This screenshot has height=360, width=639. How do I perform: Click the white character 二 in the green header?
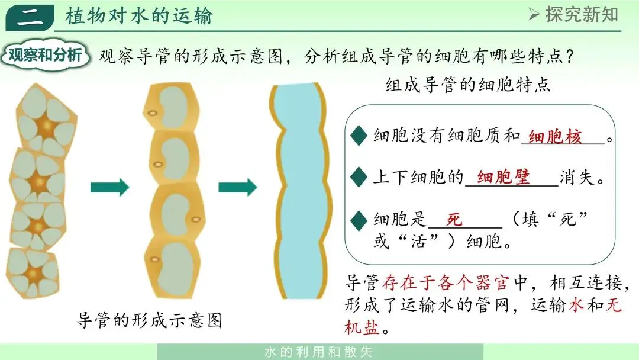click(30, 17)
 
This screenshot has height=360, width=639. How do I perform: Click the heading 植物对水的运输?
click(139, 16)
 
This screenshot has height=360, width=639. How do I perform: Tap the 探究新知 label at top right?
click(573, 14)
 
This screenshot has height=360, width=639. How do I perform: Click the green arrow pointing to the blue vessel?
click(237, 187)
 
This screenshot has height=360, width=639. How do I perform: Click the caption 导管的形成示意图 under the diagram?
click(149, 320)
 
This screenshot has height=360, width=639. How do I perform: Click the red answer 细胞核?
click(555, 137)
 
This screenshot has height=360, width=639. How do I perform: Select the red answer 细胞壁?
click(504, 177)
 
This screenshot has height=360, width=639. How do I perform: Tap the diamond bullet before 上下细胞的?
click(359, 176)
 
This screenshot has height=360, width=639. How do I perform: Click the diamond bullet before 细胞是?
click(359, 220)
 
